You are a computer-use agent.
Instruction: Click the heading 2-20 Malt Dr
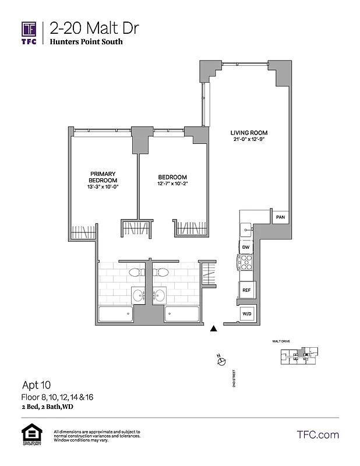pos(94,28)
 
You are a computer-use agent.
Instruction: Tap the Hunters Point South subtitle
pos(86,42)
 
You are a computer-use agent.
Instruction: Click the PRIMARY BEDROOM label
pos(104,177)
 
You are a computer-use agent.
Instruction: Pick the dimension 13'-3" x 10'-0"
pos(104,187)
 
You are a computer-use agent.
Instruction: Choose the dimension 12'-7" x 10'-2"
pos(172,184)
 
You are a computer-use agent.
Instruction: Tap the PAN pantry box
pos(280,217)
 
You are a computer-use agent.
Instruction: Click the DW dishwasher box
pos(246,247)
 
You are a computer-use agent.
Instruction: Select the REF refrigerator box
pos(246,290)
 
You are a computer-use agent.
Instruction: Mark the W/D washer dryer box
pos(246,315)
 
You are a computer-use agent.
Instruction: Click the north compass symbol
pos(221,362)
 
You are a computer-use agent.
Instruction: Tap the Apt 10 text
pos(36,385)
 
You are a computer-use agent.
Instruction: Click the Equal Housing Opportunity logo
pos(30,435)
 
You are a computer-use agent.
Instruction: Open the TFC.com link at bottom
pos(317,435)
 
